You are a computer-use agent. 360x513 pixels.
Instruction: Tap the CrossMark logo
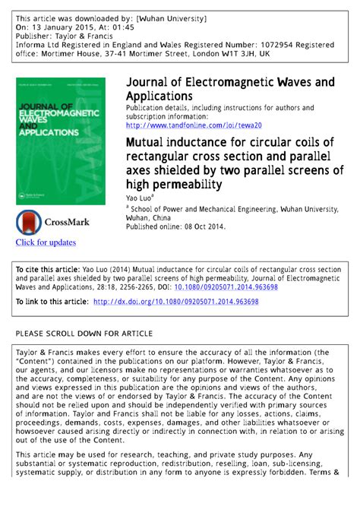click(53, 223)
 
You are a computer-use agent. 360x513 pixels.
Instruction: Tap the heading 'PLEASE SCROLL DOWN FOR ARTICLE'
click(84, 333)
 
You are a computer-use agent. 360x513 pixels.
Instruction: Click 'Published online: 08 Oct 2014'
click(175, 226)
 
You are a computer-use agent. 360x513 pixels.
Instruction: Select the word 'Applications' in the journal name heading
click(159, 97)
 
